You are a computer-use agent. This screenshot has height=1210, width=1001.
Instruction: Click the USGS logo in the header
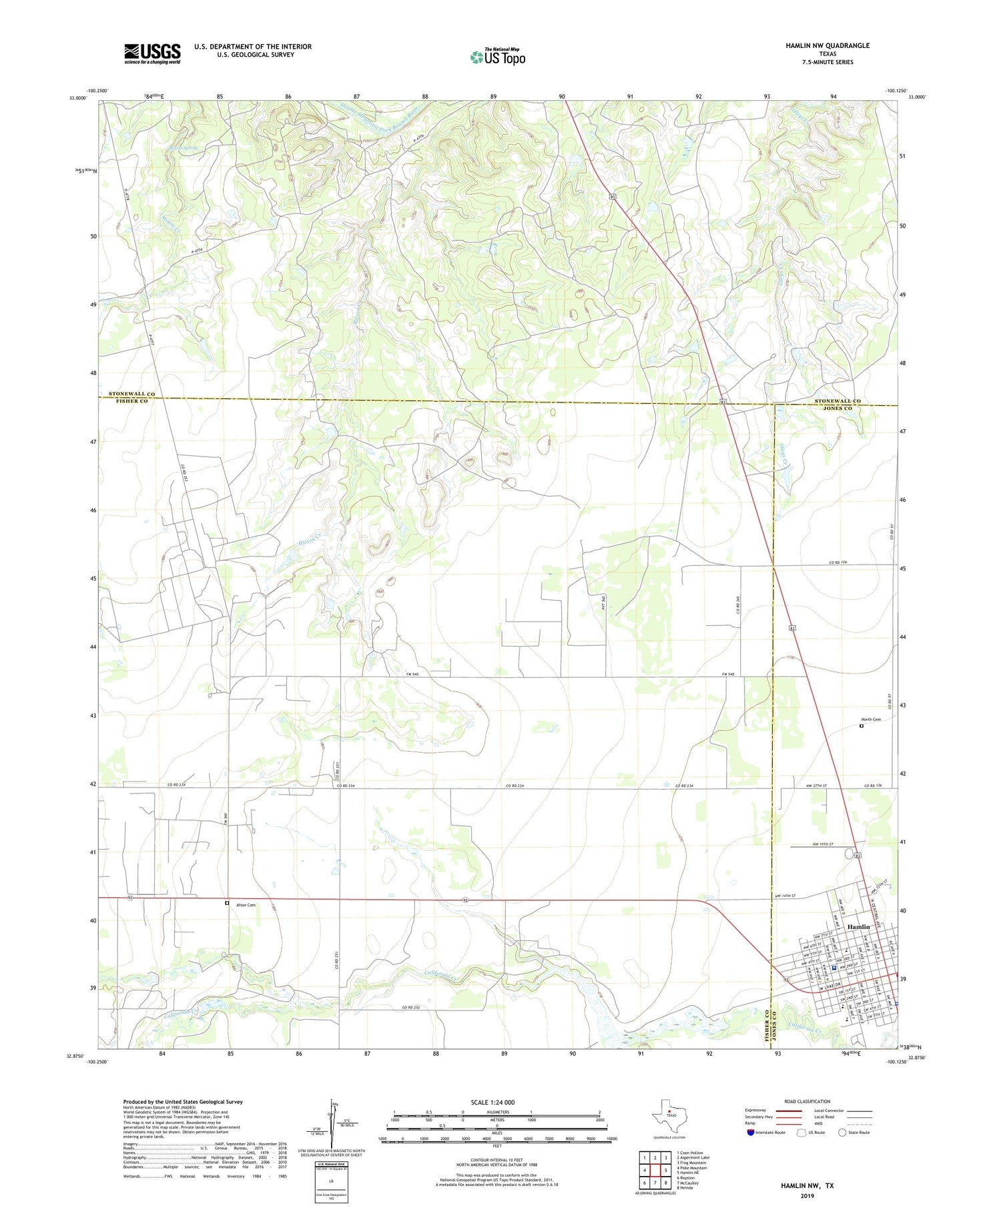(x=152, y=53)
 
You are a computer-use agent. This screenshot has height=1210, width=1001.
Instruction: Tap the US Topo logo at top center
(x=497, y=57)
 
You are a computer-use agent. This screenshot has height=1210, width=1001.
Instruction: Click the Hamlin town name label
(x=858, y=927)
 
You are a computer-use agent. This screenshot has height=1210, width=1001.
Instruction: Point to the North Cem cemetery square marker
(x=862, y=726)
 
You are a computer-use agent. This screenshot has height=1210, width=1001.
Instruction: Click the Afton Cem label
(x=246, y=905)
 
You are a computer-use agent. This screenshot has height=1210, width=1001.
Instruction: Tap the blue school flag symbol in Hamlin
(x=834, y=967)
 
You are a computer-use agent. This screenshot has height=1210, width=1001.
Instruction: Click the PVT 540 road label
(x=603, y=603)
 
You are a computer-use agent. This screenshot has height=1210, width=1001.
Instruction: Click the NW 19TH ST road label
(x=822, y=844)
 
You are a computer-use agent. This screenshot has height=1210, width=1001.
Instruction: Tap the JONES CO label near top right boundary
(x=838, y=408)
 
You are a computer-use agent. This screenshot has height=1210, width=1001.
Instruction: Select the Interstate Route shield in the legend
(x=751, y=1132)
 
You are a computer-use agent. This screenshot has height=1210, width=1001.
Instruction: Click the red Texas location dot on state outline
(x=669, y=1111)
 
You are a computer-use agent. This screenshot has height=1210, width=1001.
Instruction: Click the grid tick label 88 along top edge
(x=424, y=97)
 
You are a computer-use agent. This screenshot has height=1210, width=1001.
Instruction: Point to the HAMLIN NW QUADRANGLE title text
(x=827, y=45)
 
